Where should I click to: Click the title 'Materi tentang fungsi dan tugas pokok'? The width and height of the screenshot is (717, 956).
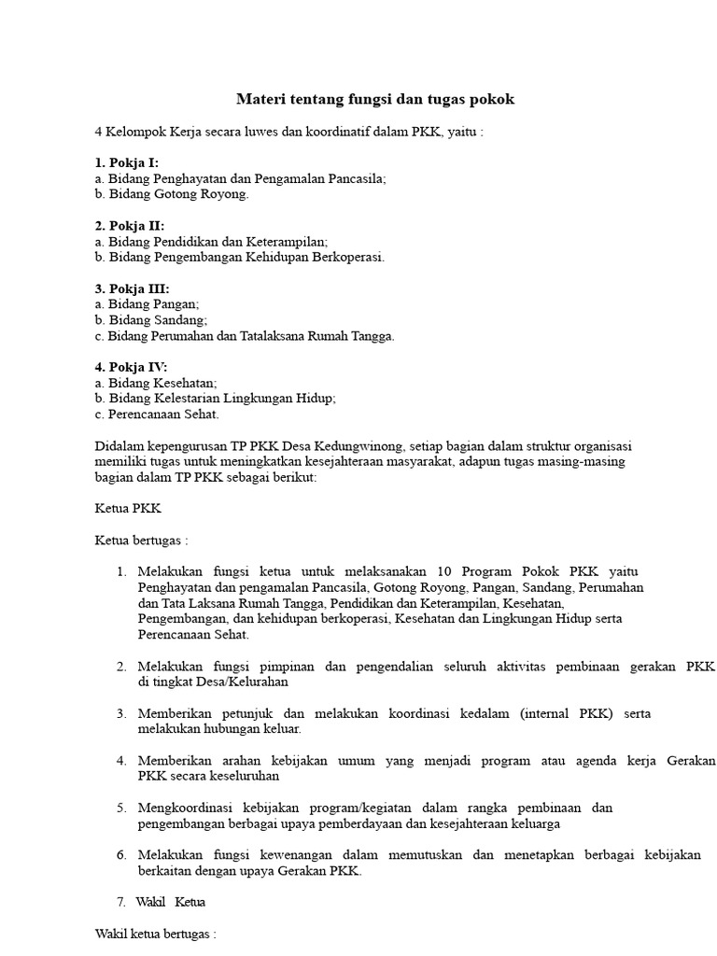(374, 99)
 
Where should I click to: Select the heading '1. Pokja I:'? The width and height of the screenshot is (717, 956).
(127, 162)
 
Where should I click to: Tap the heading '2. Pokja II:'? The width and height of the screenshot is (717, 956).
(130, 226)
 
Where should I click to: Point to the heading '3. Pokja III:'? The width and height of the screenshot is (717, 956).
(133, 288)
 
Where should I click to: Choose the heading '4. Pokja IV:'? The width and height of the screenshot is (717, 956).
(132, 367)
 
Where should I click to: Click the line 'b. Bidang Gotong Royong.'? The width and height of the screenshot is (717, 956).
(172, 194)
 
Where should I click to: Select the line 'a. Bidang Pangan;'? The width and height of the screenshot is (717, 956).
(148, 304)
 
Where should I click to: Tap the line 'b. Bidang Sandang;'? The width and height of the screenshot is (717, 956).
(151, 320)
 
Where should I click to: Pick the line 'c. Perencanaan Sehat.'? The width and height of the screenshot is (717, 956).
(157, 414)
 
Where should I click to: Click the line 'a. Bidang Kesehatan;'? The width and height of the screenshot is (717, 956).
(156, 383)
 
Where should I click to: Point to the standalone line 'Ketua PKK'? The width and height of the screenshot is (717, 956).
(129, 509)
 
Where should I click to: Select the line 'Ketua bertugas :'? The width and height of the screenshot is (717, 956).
(142, 541)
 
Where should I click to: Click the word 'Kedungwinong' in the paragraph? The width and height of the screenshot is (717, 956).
(365, 445)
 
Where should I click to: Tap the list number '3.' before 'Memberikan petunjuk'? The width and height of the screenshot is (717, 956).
(121, 713)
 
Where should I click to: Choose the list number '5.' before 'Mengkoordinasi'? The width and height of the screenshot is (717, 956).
(121, 808)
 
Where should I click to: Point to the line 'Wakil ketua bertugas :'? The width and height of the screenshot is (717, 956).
(156, 934)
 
